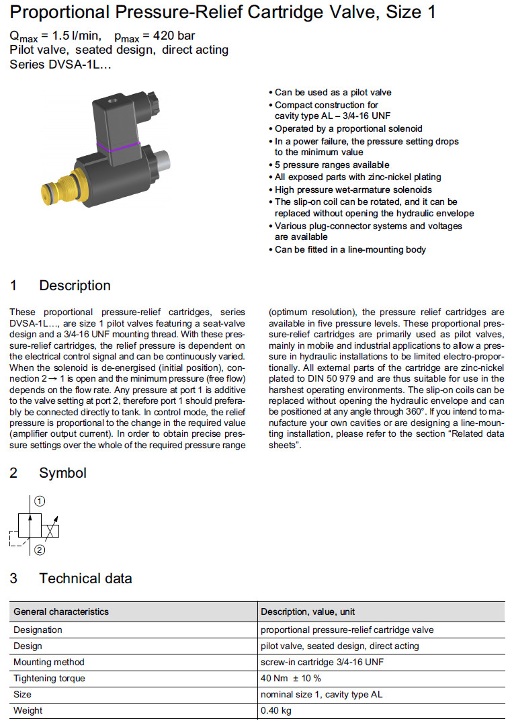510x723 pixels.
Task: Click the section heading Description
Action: (x=75, y=286)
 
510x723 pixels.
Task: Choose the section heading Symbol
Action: (x=62, y=473)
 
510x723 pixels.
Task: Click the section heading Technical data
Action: (x=85, y=579)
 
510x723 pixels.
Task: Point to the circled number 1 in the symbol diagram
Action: (x=40, y=501)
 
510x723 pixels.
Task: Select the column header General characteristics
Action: (x=61, y=611)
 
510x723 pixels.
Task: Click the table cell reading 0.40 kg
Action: (x=277, y=710)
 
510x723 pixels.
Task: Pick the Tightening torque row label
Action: (x=49, y=678)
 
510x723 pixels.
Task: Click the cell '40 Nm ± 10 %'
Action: (x=291, y=678)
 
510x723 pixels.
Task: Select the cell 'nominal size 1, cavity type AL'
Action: (x=322, y=694)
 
